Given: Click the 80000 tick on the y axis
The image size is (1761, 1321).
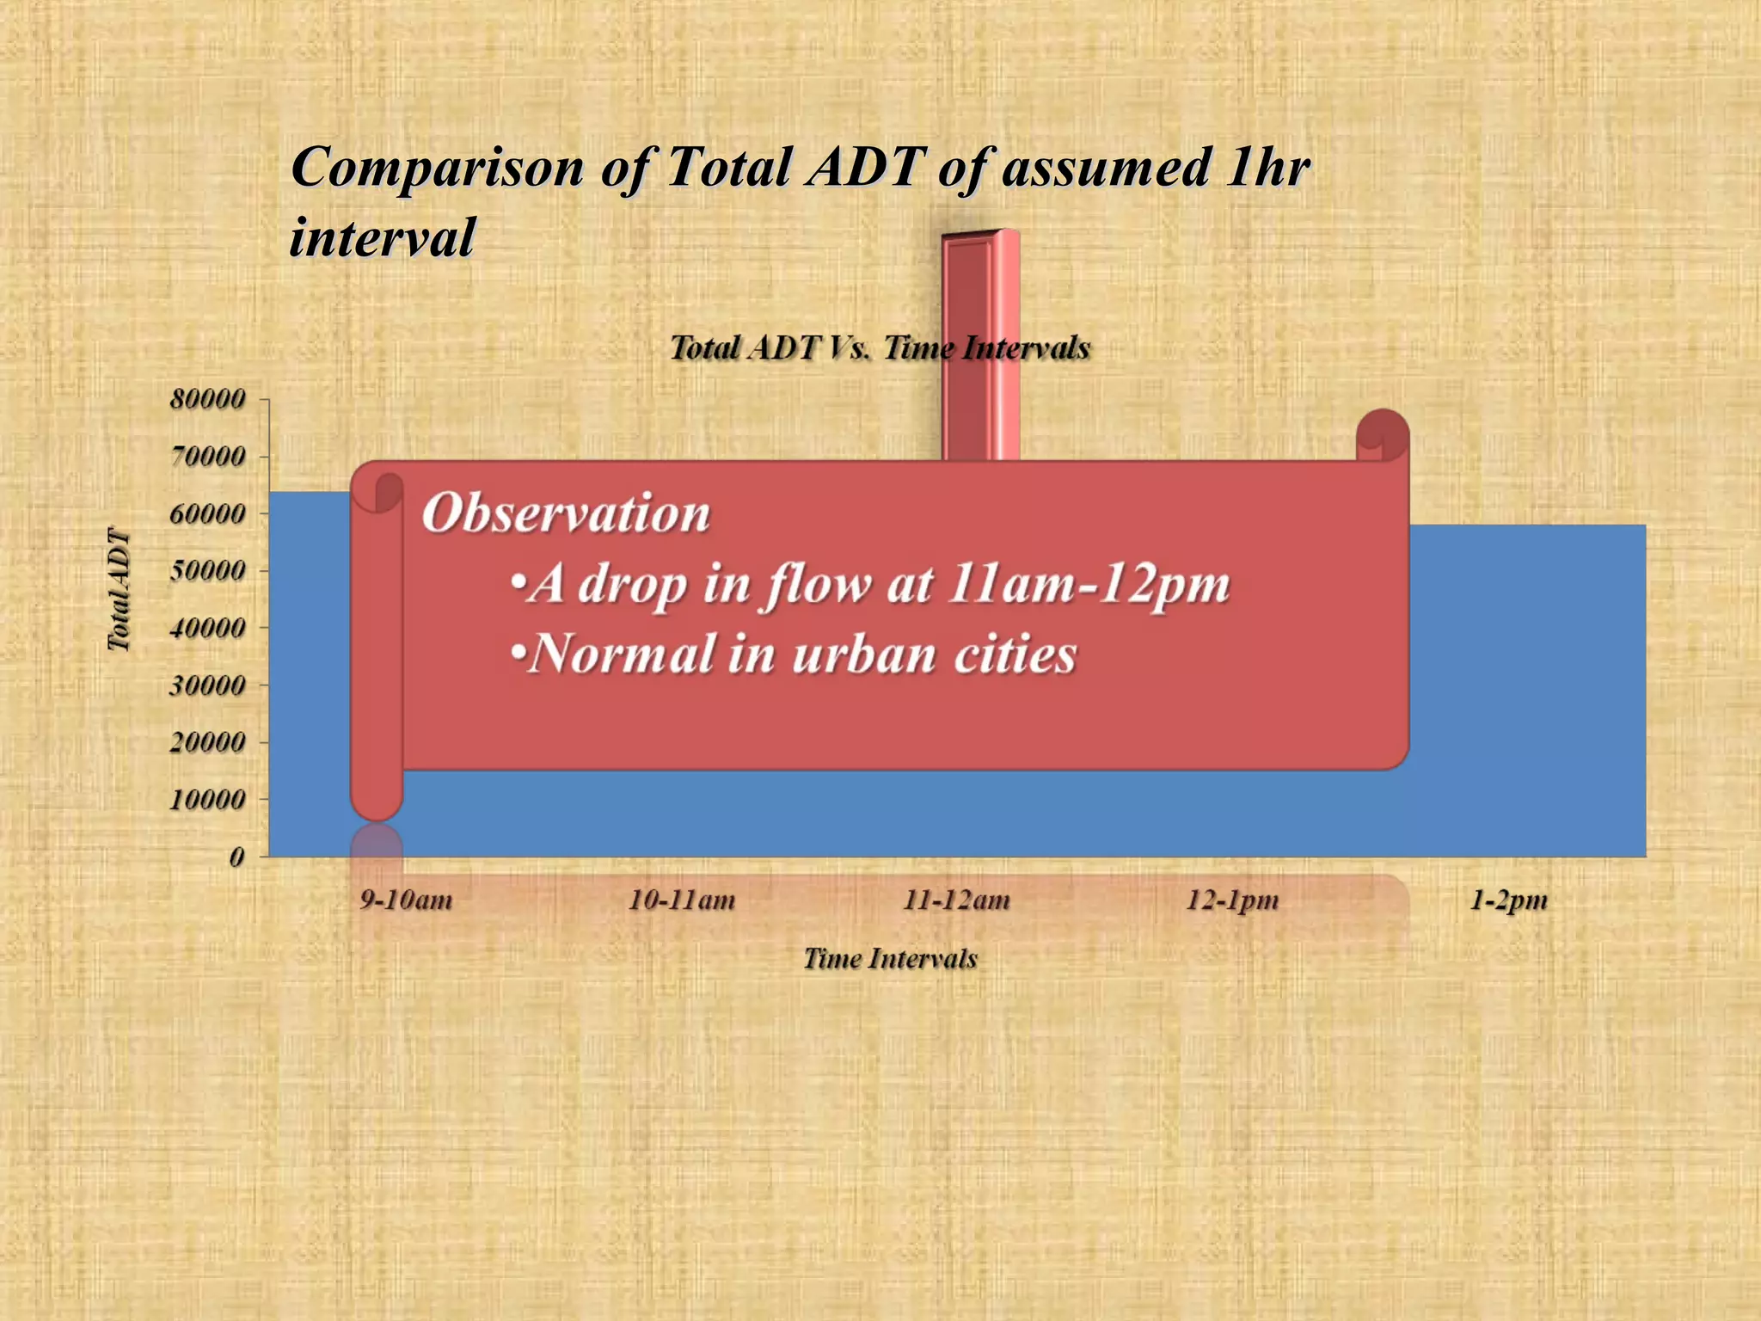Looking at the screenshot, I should (x=208, y=399).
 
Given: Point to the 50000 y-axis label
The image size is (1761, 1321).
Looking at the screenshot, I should (x=208, y=570).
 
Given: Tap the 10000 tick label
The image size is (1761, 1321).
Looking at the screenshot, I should (x=208, y=800).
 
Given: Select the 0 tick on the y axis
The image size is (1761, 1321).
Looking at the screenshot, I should (x=236, y=857).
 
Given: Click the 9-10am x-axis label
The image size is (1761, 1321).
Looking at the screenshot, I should (x=406, y=900).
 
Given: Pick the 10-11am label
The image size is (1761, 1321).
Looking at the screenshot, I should (x=682, y=900).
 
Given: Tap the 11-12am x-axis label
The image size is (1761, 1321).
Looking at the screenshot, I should (x=956, y=900).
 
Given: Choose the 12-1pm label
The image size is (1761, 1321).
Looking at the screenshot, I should (x=1232, y=900).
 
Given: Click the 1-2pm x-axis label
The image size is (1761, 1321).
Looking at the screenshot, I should (x=1508, y=900).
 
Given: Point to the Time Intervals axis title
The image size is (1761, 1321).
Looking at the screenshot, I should (x=890, y=958).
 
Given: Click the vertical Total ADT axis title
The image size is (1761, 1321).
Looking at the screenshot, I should (x=119, y=590).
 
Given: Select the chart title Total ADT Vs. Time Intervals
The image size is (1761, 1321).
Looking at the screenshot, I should (x=880, y=347).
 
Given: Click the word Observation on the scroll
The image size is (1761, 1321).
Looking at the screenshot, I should (x=566, y=513).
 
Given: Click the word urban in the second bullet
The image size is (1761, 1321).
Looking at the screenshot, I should (x=863, y=654).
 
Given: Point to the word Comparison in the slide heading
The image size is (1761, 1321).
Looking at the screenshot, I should (x=437, y=167).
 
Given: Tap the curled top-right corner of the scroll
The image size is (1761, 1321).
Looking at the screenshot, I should (x=1382, y=435).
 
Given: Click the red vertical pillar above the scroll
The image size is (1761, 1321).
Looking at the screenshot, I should (x=980, y=344).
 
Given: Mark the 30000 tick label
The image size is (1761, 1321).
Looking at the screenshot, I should (x=208, y=685).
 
